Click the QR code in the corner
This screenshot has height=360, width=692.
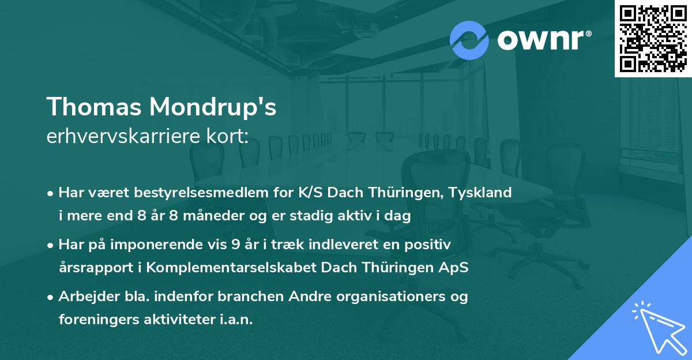tap(653, 39)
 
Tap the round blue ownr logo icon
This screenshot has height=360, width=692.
tap(469, 39)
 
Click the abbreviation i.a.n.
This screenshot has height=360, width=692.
tap(238, 320)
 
